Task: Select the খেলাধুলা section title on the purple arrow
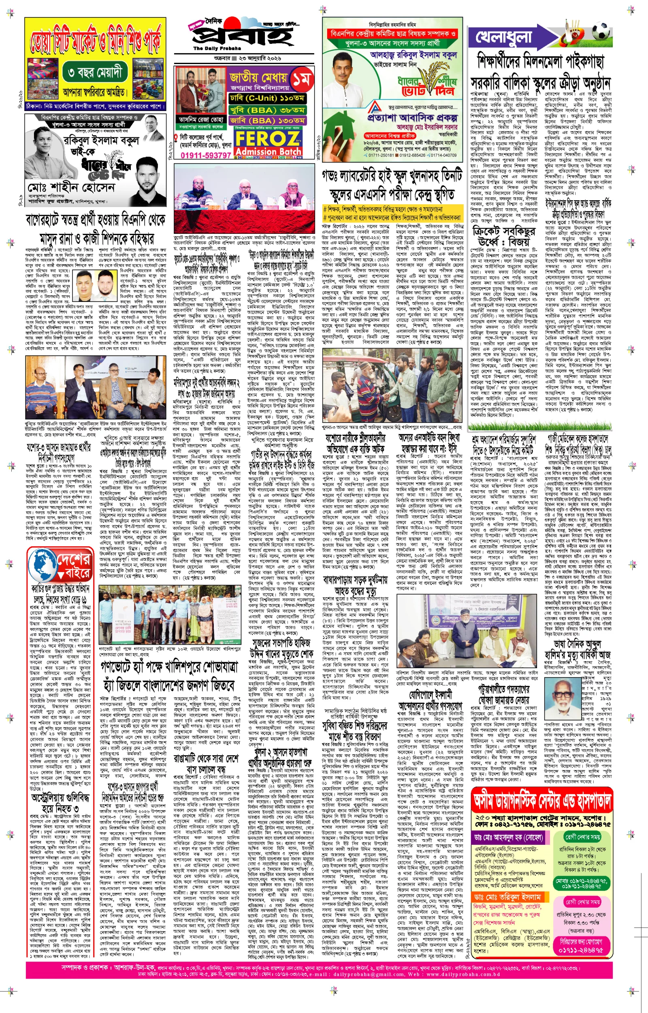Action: (504, 37)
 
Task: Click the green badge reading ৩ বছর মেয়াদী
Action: (96, 73)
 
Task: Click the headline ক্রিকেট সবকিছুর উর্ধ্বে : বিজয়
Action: (504, 237)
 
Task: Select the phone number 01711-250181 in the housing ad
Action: (381, 155)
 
